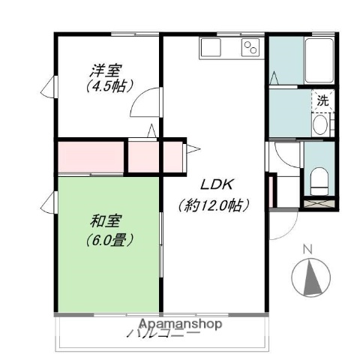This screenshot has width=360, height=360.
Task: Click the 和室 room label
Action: [107, 221]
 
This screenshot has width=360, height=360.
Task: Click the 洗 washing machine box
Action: [322, 100]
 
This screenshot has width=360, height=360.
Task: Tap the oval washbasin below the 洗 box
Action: [322, 125]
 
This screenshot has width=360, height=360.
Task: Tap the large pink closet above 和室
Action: [90, 156]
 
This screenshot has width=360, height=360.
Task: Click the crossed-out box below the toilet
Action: [319, 202]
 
